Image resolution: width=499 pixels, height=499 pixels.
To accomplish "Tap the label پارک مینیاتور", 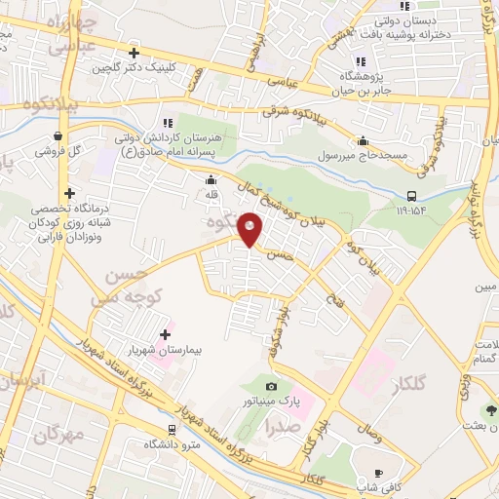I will [x=273, y=402].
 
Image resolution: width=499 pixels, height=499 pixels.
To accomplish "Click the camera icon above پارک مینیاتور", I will [x=271, y=387].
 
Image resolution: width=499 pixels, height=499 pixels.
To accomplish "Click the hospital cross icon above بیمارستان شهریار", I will [x=165, y=333].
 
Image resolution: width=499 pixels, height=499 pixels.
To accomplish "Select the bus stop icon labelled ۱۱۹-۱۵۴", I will [x=412, y=195].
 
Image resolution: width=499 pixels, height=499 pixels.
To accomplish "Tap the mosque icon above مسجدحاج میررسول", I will [x=363, y=140].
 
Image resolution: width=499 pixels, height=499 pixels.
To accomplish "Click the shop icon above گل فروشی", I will [x=59, y=135].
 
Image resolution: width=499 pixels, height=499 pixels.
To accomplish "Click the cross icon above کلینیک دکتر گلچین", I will [x=134, y=53].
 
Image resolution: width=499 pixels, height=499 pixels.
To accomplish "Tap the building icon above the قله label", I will [x=211, y=179].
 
